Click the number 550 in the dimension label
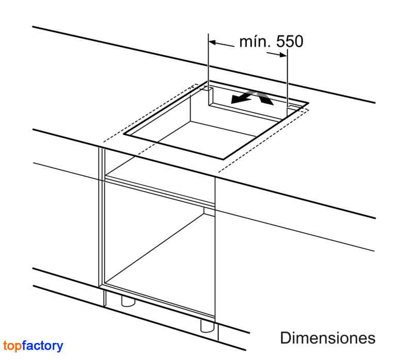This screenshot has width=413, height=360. point(290,41)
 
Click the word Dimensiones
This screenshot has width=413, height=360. point(328,338)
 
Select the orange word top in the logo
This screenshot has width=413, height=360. point(12,346)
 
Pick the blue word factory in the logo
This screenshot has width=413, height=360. point(43,346)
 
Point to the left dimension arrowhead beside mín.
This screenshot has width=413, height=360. point(212,42)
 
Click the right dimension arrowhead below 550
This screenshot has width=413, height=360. point(283,55)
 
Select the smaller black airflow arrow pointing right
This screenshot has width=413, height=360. point(265,98)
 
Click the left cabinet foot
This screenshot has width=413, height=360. point(128,301)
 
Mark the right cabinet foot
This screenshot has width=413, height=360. point(208,326)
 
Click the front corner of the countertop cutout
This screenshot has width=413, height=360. point(224,160)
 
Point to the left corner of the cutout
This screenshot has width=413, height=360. point(124,134)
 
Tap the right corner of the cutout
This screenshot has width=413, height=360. point(308,102)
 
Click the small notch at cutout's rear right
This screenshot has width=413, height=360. point(292,107)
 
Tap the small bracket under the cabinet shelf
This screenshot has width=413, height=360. point(209,211)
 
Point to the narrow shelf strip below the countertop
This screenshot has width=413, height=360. point(160,190)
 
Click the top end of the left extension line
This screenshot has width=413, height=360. point(209,34)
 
